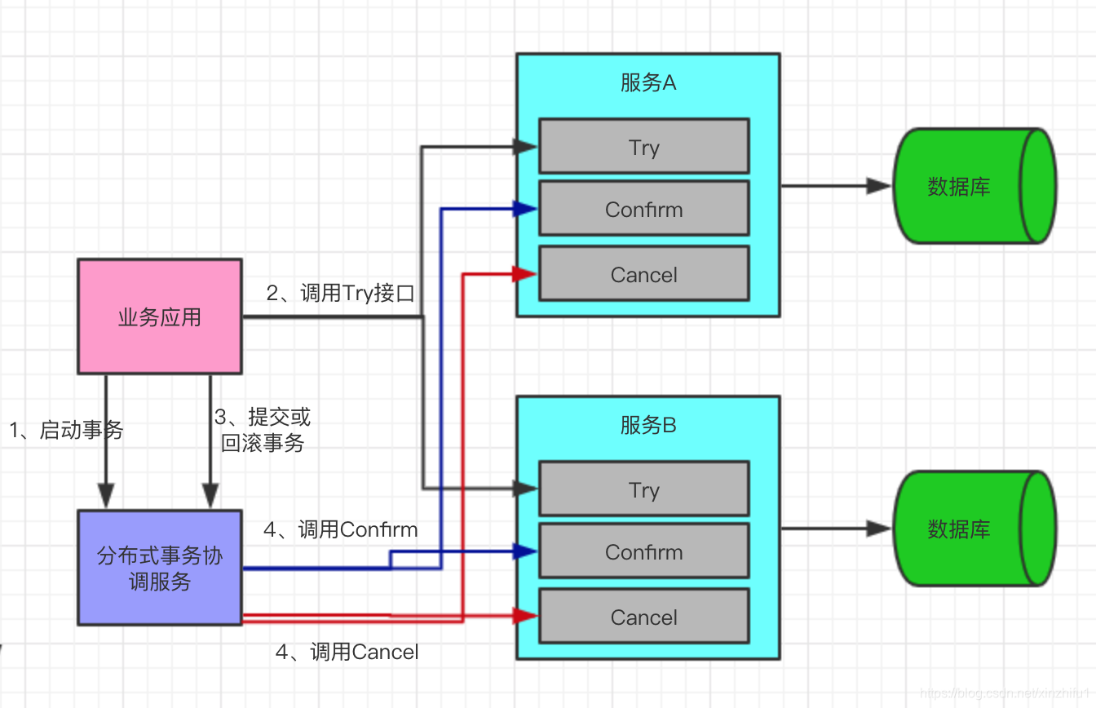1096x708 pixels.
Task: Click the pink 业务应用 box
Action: [160, 316]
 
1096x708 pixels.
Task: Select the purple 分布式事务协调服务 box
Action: [160, 568]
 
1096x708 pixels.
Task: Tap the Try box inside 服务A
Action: [643, 147]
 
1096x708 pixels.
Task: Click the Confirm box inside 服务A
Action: [643, 209]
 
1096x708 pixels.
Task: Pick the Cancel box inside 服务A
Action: [643, 274]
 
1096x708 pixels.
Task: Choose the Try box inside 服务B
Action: [643, 489]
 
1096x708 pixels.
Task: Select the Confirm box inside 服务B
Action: [643, 551]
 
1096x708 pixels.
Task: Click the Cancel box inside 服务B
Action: [643, 617]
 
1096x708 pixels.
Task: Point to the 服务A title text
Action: [648, 82]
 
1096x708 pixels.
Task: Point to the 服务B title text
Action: [648, 425]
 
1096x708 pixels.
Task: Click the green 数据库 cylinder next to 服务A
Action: [974, 186]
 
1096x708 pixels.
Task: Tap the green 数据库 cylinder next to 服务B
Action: [974, 529]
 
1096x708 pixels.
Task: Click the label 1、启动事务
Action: [66, 430]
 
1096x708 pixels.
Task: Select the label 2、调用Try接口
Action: [340, 293]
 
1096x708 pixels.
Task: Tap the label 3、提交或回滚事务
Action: [263, 431]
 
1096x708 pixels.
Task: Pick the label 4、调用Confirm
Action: [340, 529]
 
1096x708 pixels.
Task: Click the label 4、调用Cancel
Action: [347, 652]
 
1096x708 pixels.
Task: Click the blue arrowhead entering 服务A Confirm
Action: [525, 209]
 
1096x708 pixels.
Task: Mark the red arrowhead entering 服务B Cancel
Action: [525, 616]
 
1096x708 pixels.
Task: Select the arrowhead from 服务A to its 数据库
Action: [879, 186]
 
